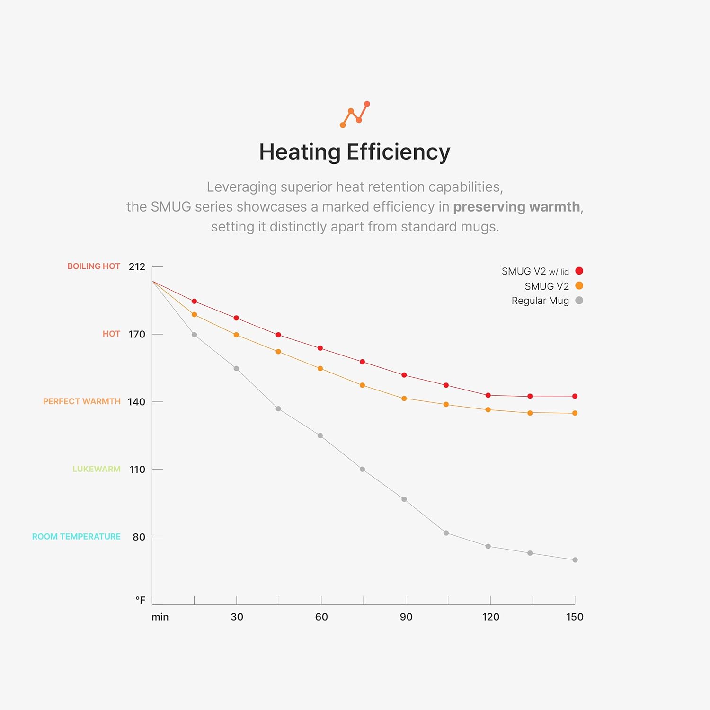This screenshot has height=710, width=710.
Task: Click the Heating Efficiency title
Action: pyautogui.click(x=355, y=152)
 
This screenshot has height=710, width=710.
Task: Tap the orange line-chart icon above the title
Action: pyautogui.click(x=355, y=115)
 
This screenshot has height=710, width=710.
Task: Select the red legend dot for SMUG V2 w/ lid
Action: pyautogui.click(x=579, y=271)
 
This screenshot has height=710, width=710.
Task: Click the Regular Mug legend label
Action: pyautogui.click(x=540, y=301)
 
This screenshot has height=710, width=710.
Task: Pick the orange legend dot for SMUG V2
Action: pyautogui.click(x=579, y=285)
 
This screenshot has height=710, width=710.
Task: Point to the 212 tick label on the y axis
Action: pyautogui.click(x=137, y=266)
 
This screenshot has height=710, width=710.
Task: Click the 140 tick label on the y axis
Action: pyautogui.click(x=136, y=402)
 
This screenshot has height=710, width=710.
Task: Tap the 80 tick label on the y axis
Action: pyautogui.click(x=139, y=537)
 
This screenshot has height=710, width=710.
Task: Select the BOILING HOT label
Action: pyautogui.click(x=94, y=266)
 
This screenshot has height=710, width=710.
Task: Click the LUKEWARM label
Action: pyautogui.click(x=97, y=469)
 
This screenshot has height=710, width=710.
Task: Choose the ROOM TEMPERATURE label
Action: pyautogui.click(x=76, y=536)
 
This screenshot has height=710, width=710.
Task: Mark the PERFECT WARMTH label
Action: pyautogui.click(x=82, y=401)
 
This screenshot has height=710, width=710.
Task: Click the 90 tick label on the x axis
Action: pyautogui.click(x=406, y=617)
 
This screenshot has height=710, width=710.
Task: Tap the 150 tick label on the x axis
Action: pyautogui.click(x=575, y=617)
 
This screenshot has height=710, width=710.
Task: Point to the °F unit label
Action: pyautogui.click(x=140, y=600)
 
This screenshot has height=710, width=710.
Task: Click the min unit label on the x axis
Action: pyautogui.click(x=160, y=617)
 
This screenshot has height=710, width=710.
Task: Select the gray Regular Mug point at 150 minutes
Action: pyautogui.click(x=575, y=560)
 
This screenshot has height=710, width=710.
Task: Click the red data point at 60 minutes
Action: pyautogui.click(x=320, y=348)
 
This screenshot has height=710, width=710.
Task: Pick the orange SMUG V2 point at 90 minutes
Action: pyautogui.click(x=404, y=399)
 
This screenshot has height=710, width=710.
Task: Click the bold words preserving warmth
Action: pyautogui.click(x=516, y=207)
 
